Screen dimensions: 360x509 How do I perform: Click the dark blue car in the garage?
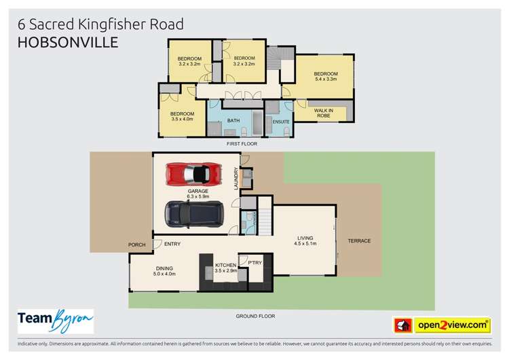(193, 215)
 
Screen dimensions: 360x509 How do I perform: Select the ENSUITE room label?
(281, 122)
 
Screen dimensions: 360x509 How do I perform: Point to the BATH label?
(233, 121)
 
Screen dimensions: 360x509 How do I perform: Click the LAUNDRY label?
(236, 179)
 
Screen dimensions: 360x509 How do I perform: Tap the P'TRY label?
(255, 262)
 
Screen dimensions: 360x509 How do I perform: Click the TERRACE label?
(359, 241)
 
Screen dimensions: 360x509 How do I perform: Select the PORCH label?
(137, 245)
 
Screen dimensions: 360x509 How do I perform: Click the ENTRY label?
(172, 245)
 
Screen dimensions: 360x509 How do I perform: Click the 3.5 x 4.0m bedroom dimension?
(182, 119)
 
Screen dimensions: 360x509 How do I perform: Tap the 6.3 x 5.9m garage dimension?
(198, 196)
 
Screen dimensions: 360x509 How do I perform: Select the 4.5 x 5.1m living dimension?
(305, 243)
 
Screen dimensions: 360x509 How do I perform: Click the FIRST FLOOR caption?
(242, 144)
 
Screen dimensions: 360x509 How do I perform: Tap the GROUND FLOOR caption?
(255, 316)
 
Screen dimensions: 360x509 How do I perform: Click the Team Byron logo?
(55, 321)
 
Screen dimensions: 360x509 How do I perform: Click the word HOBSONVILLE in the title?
(67, 42)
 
